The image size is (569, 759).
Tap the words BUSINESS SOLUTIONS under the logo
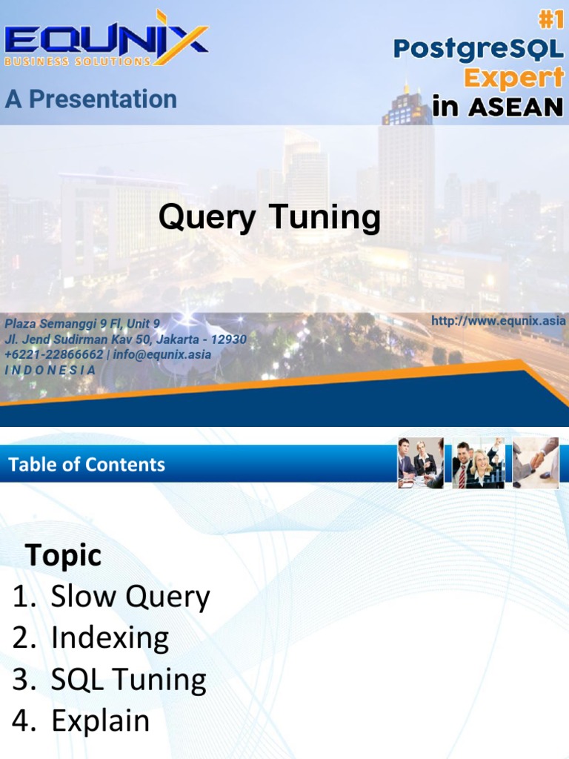[78, 62]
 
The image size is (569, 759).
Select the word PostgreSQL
[479, 49]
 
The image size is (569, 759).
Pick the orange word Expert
[513, 77]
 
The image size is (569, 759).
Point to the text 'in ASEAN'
[497, 107]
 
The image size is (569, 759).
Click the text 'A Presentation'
[91, 99]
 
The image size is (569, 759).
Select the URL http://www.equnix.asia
[498, 321]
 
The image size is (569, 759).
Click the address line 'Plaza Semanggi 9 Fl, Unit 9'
[82, 324]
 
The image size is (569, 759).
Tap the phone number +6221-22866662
[54, 354]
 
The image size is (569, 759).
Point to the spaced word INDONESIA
[50, 369]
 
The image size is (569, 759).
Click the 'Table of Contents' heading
[87, 465]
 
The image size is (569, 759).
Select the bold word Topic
[64, 555]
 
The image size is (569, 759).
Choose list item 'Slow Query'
[130, 597]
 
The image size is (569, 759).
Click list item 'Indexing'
[110, 638]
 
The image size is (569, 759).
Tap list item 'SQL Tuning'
[128, 680]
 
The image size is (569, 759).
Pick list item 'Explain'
[100, 721]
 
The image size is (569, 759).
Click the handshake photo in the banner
[536, 463]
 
